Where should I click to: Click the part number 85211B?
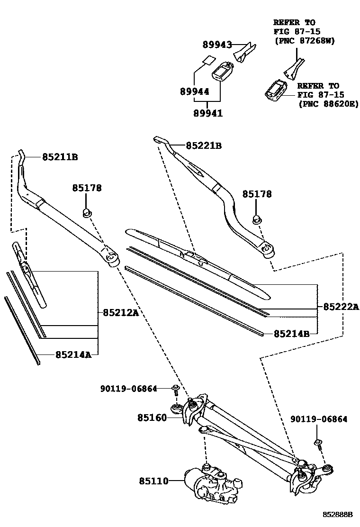(60, 157)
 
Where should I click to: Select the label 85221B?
(204, 145)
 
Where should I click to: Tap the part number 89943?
(217, 45)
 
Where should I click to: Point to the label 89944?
(195, 91)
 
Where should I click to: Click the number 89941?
(207, 113)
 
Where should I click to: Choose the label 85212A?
(121, 312)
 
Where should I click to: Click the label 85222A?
(341, 307)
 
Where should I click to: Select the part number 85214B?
(291, 334)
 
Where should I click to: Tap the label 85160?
(153, 418)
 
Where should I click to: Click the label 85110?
(154, 481)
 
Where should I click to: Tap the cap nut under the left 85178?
(87, 212)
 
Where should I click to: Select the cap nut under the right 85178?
(257, 219)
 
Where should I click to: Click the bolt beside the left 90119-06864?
(175, 390)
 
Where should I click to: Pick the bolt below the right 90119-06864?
(318, 444)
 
